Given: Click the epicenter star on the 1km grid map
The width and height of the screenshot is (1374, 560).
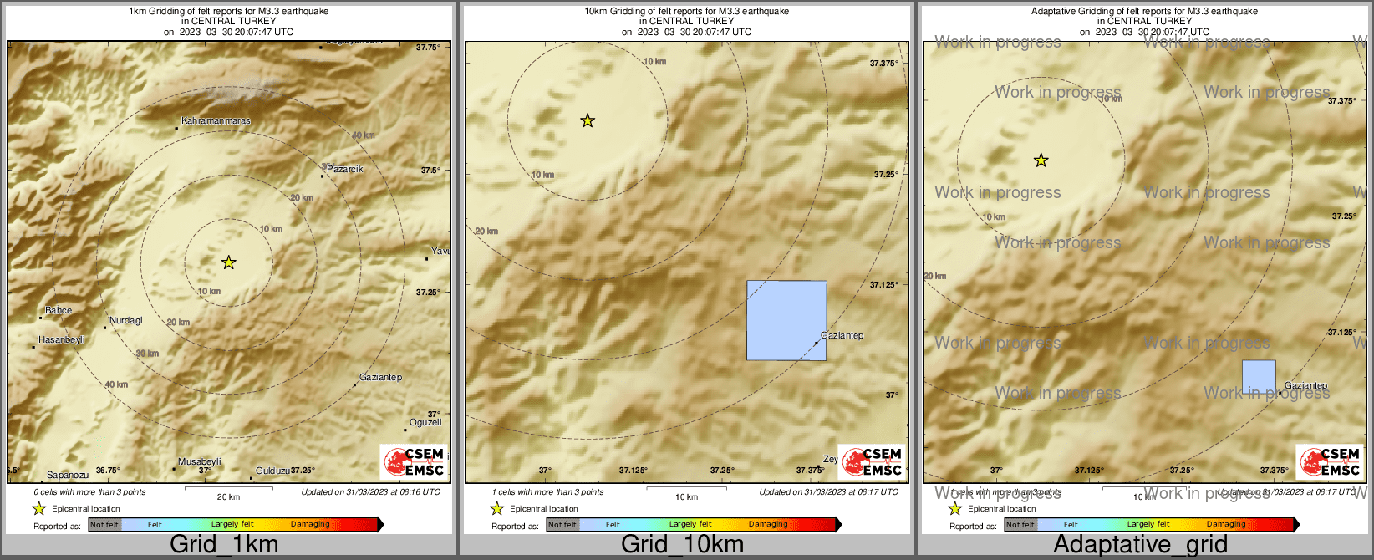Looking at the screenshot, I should pyautogui.click(x=229, y=263).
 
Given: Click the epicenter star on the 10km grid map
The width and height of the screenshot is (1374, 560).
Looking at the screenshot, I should pyautogui.click(x=588, y=121).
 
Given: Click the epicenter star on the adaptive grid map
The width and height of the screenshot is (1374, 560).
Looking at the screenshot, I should pyautogui.click(x=1041, y=160).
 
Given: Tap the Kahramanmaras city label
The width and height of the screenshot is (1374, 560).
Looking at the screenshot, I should pyautogui.click(x=216, y=121).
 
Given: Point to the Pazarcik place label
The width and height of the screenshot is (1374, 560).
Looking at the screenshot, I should pyautogui.click(x=344, y=169).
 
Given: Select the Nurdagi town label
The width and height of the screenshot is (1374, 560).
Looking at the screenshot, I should pyautogui.click(x=125, y=321).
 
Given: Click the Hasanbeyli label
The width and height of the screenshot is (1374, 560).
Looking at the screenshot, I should pyautogui.click(x=62, y=340).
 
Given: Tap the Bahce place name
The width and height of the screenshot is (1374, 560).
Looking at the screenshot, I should pyautogui.click(x=59, y=311).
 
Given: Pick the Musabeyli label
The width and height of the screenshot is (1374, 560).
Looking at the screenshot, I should pyautogui.click(x=200, y=462).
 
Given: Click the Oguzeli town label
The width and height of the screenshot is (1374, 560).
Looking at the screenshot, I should pyautogui.click(x=425, y=423).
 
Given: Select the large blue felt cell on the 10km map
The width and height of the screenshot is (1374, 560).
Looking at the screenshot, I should pyautogui.click(x=786, y=320).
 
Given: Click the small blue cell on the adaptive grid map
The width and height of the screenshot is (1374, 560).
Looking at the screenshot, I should pyautogui.click(x=1259, y=377).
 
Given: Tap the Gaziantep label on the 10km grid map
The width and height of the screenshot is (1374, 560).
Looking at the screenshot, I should pyautogui.click(x=842, y=336).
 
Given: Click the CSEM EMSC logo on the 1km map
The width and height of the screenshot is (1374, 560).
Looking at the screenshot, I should pyautogui.click(x=414, y=462).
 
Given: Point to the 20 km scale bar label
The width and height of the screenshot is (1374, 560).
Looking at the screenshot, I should pyautogui.click(x=228, y=497).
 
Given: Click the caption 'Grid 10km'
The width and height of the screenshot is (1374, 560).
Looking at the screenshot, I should pyautogui.click(x=682, y=545).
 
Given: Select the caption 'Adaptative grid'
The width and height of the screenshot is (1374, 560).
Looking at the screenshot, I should pyautogui.click(x=1140, y=545).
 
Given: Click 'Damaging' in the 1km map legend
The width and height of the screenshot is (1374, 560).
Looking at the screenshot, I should pyautogui.click(x=310, y=525).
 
